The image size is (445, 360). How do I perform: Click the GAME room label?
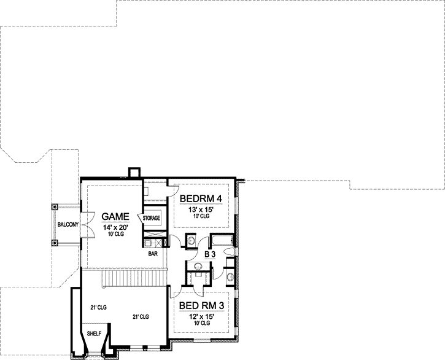(x=115, y=217)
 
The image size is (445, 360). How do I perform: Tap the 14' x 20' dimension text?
(x=115, y=228)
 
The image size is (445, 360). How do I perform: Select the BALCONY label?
(x=67, y=225)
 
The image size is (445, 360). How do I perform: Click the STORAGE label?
(x=152, y=218)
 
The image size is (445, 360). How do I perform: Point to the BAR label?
(x=153, y=252)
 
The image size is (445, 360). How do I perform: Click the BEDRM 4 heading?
(x=200, y=198)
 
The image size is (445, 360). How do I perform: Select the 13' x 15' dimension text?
(x=201, y=209)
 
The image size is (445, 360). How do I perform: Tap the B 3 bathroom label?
(x=209, y=253)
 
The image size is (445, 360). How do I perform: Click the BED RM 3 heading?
(x=200, y=305)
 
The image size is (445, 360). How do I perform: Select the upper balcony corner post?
(x=55, y=206)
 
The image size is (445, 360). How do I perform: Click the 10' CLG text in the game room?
(x=115, y=236)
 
